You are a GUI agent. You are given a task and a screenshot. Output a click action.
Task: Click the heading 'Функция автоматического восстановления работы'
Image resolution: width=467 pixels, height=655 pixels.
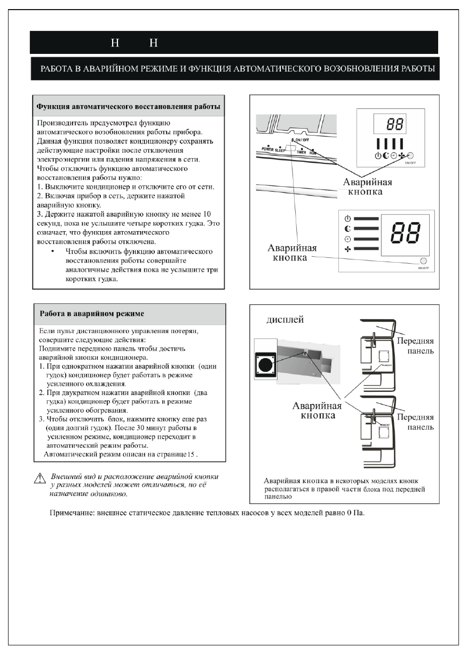128,107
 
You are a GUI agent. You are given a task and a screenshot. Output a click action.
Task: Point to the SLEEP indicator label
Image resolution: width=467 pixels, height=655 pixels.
280,150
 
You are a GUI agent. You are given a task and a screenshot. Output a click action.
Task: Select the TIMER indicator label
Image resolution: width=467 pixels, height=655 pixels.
304,152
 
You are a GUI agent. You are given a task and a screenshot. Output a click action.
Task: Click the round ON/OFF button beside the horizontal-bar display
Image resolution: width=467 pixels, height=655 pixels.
424,261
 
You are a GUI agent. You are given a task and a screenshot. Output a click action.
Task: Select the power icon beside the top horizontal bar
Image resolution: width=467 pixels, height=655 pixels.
348,218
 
